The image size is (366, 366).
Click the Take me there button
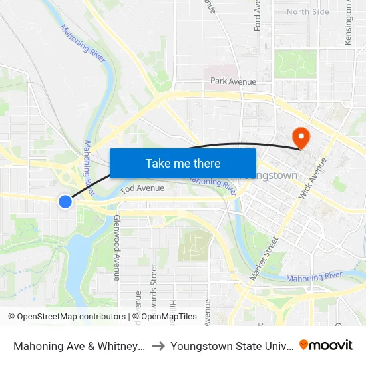(183, 163)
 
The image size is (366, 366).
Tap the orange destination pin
(301, 138)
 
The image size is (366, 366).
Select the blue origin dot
(65, 201)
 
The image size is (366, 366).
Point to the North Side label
(307, 12)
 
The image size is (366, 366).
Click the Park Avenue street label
(233, 81)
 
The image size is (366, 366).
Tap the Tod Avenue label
(142, 188)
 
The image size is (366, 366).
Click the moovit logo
(326, 345)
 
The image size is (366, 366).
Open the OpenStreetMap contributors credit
(67, 317)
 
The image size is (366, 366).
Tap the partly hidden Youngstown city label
(275, 176)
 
